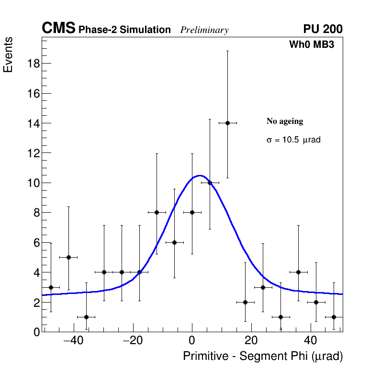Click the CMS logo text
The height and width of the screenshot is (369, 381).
(x=58, y=29)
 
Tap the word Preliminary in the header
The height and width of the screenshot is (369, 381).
(x=204, y=30)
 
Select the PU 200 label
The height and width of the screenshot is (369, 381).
(x=323, y=29)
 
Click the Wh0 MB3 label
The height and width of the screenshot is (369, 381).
(x=311, y=45)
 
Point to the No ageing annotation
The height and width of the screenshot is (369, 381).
(x=285, y=121)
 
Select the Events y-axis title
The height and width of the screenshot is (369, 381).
(x=8, y=54)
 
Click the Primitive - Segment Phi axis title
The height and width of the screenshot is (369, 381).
(x=263, y=356)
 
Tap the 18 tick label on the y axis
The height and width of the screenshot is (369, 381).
(x=33, y=64)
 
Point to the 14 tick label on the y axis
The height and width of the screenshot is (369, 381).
(x=33, y=123)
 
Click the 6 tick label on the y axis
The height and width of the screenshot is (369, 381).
(x=35, y=242)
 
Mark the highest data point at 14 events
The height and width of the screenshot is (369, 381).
(x=228, y=123)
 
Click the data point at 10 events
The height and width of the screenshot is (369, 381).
(x=210, y=183)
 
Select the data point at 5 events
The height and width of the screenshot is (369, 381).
(x=68, y=257)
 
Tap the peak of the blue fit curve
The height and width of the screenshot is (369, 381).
(x=200, y=175)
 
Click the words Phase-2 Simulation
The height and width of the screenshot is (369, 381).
(x=124, y=30)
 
